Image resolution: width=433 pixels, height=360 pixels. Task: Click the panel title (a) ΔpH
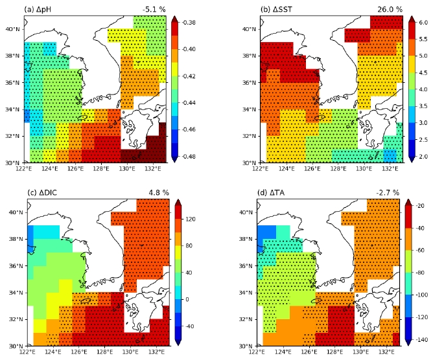(38, 10)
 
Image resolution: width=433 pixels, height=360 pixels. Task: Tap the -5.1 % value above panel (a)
(154, 10)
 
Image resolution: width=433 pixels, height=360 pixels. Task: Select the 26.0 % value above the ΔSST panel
(390, 10)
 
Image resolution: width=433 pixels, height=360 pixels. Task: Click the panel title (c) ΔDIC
(42, 192)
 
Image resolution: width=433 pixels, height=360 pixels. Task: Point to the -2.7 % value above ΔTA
(388, 192)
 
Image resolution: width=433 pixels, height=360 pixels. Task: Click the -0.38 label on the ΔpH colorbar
(189, 23)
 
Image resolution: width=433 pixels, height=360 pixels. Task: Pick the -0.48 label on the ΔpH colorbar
(189, 157)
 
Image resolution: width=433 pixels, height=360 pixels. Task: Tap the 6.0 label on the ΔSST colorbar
(423, 23)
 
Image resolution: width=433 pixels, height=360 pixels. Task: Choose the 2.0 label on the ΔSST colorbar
(423, 157)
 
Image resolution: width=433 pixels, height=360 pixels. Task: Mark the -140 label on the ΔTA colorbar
(422, 339)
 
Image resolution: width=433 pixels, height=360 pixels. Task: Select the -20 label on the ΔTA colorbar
(420, 206)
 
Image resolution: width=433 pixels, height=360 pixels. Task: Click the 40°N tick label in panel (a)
(12, 29)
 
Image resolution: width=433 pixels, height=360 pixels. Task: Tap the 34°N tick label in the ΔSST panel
(249, 109)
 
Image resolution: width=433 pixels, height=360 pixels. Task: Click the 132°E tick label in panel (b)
(390, 168)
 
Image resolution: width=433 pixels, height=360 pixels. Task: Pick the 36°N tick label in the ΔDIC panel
(16, 266)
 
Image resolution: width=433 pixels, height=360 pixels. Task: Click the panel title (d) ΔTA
(271, 192)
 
